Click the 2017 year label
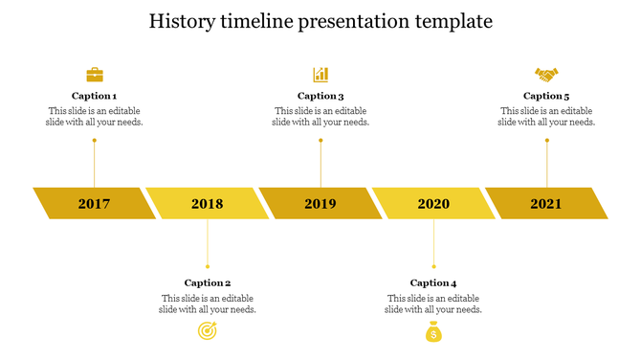pos(94,204)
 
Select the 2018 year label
pos(207,204)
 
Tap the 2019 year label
pos(320,204)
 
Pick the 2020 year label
pos(433,204)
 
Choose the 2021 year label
pos(546,204)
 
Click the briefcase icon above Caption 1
pos(95,75)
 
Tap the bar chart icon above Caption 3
pos(320,75)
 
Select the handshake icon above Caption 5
pos(546,75)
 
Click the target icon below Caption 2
pos(207,331)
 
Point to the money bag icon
pos(433,332)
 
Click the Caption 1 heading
pos(95,96)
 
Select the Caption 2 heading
pos(208,282)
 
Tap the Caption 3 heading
pos(320,96)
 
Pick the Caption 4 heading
pos(433,282)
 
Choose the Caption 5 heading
pos(546,96)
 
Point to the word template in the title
pos(452,20)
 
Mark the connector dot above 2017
pos(94,141)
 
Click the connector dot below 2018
pos(208,266)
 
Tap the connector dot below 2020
pos(433,266)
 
